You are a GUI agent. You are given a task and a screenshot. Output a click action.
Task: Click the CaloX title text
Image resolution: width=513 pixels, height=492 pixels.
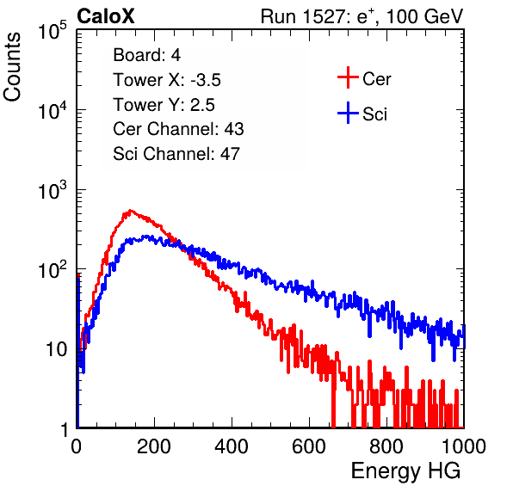tap(105, 16)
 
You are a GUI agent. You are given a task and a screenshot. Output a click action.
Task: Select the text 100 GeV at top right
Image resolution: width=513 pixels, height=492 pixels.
tap(424, 16)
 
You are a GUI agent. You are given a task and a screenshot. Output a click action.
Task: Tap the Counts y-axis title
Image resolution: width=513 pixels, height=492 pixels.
tap(12, 67)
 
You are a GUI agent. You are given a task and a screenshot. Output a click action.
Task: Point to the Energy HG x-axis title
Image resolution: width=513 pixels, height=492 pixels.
tap(405, 471)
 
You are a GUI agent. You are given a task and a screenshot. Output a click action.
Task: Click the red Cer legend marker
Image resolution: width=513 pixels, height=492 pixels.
tap(348, 77)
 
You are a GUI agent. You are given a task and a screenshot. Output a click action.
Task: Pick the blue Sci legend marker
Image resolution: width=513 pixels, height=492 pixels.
tap(348, 114)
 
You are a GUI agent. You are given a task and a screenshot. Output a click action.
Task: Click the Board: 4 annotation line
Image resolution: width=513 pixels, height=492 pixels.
tap(146, 55)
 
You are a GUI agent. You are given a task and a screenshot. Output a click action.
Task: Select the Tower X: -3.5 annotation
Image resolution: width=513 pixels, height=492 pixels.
tap(167, 80)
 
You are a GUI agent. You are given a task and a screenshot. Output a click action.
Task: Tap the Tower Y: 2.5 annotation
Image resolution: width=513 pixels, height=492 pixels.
tap(164, 105)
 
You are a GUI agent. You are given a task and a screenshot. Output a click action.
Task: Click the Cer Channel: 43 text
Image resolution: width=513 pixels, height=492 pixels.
tap(178, 129)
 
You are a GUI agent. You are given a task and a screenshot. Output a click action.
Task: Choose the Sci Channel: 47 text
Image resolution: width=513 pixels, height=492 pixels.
tap(176, 154)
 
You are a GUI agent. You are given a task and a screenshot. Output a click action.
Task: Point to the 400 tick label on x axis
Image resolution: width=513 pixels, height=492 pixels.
tap(232, 446)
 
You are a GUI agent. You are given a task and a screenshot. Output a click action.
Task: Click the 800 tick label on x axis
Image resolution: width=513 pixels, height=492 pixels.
tap(386, 446)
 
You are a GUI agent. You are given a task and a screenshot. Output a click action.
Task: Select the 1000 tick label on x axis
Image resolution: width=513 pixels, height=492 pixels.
tap(464, 446)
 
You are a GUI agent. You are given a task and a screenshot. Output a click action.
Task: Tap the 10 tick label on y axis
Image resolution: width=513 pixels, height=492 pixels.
tap(56, 349)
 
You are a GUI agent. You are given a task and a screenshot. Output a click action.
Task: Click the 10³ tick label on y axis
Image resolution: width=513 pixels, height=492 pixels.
tap(53, 190)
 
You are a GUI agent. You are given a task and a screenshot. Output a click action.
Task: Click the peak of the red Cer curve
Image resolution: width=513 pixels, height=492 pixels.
tap(131, 211)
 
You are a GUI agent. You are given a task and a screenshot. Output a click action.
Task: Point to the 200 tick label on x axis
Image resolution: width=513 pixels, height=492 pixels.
tap(154, 446)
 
